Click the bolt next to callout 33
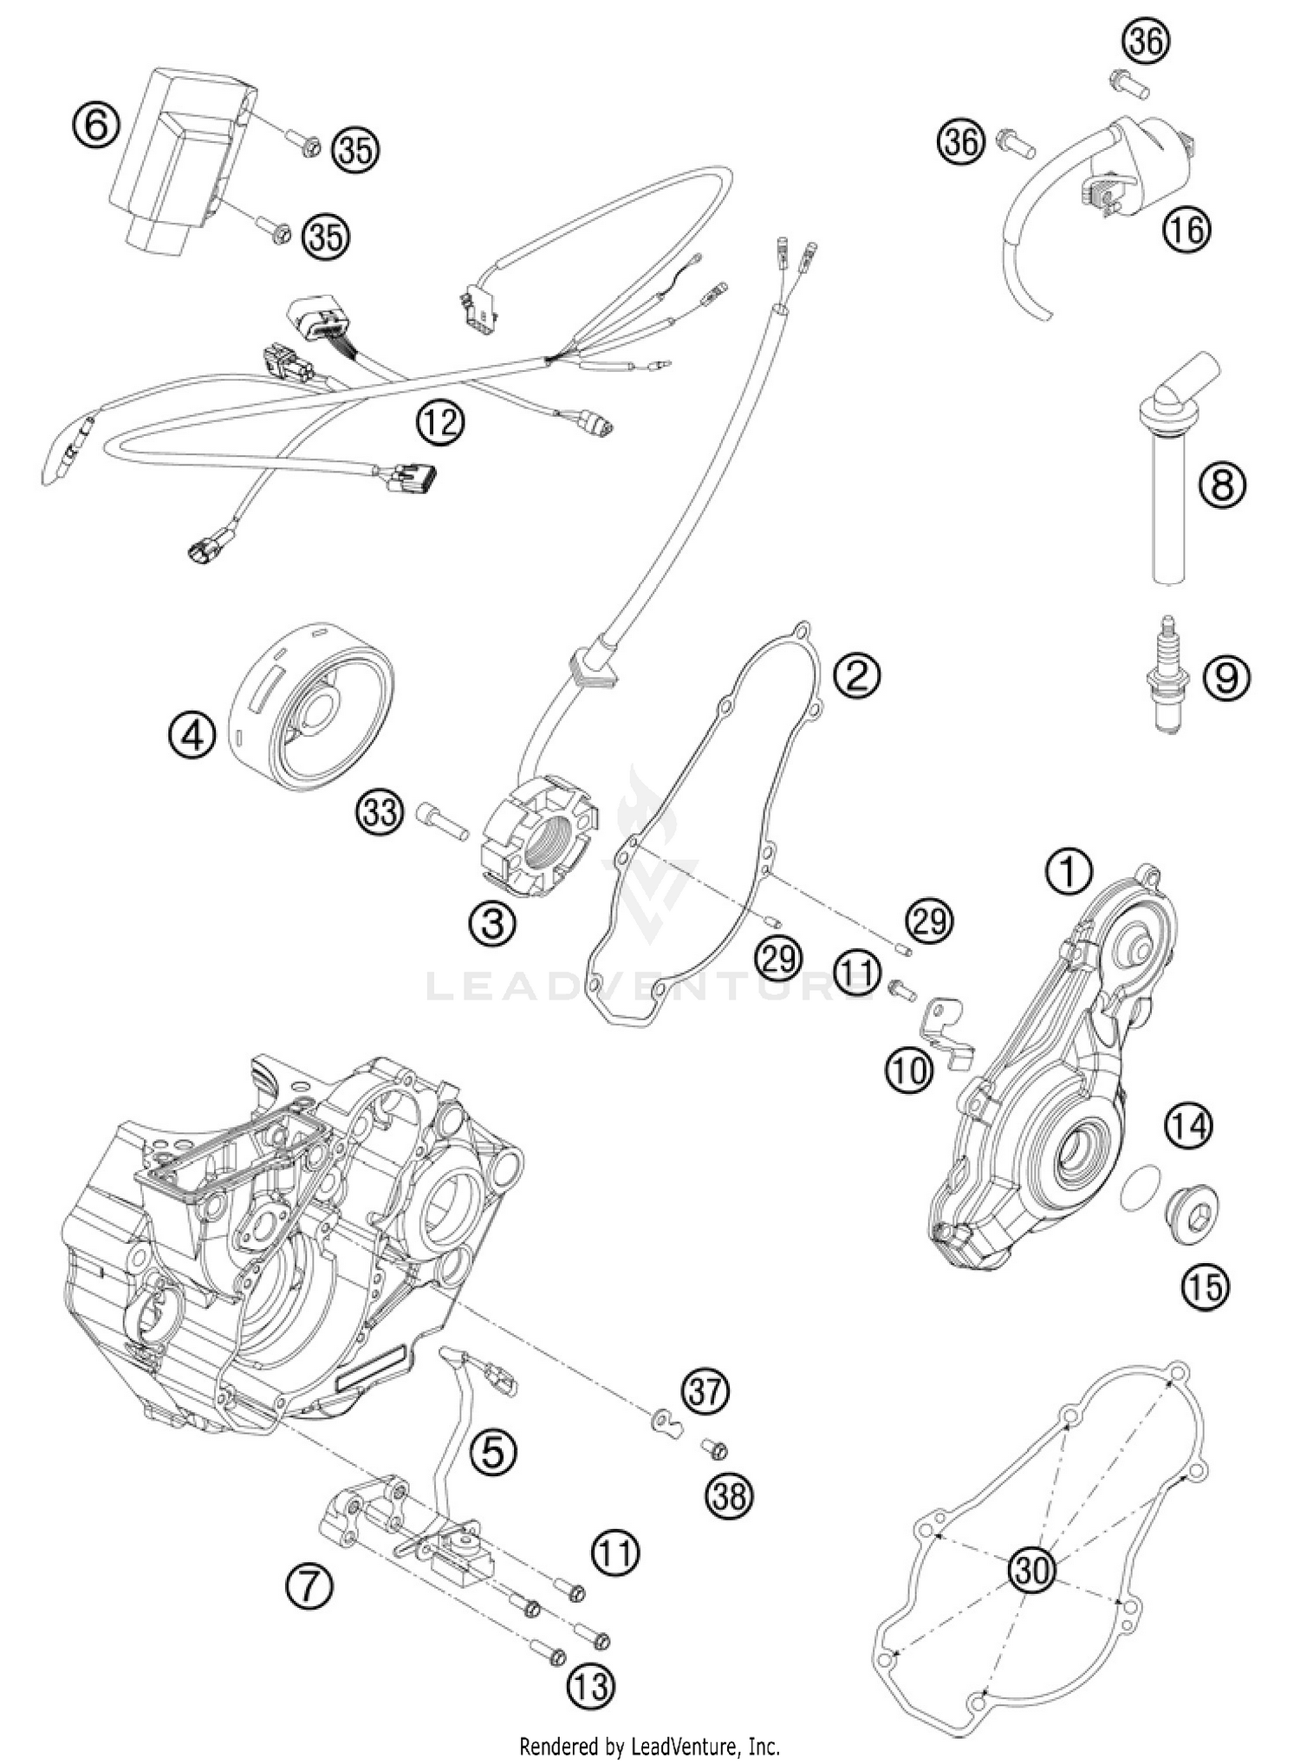(441, 819)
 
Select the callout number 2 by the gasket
(856, 675)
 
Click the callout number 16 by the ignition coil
(1186, 230)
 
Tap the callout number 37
(705, 1391)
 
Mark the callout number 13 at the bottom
(591, 1686)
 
